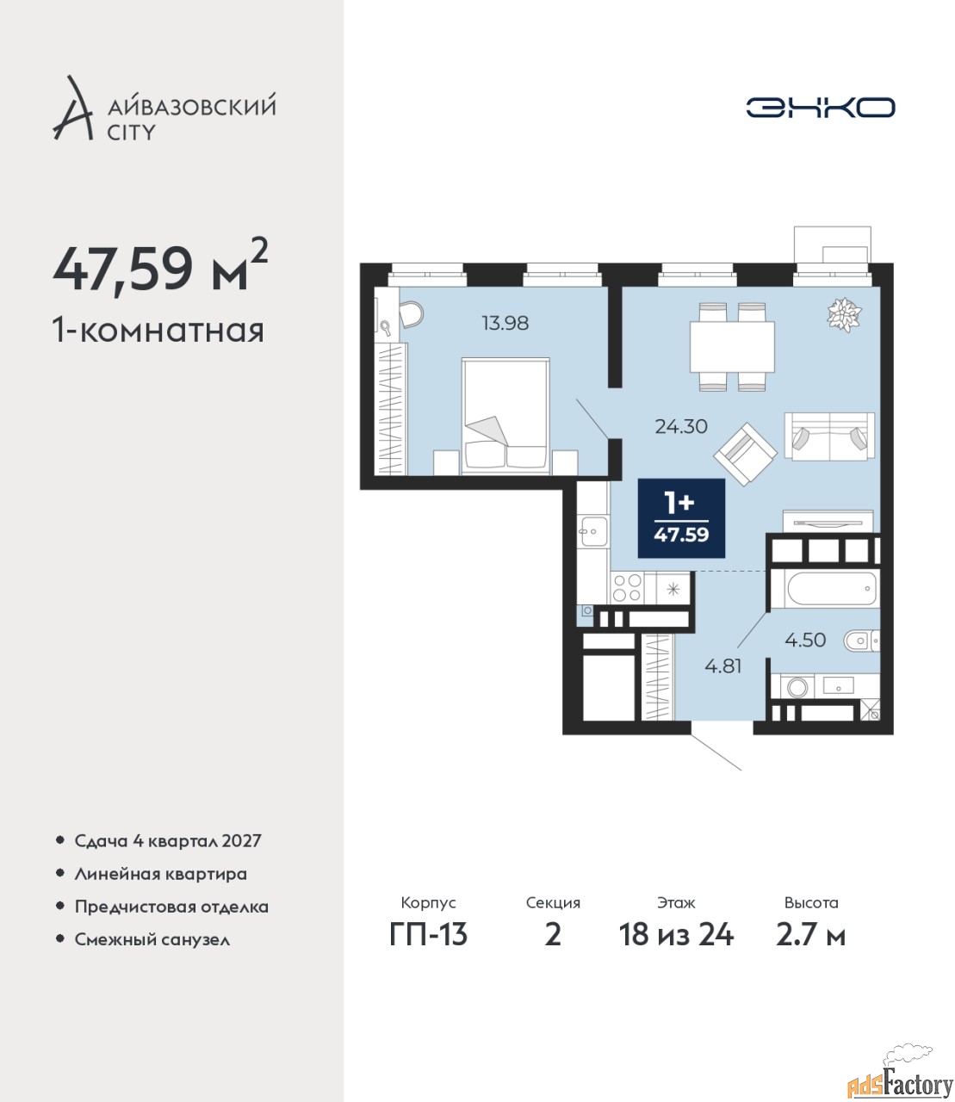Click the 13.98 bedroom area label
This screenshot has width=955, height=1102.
[505, 323]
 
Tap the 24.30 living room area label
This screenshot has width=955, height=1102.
[681, 426]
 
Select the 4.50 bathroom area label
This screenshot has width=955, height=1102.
[805, 640]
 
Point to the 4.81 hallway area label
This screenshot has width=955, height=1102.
[723, 666]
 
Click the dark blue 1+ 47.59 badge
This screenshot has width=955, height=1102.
[681, 518]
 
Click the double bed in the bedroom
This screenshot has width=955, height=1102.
[505, 416]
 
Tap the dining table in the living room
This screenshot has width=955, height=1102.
[732, 347]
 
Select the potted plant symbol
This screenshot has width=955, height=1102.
[844, 314]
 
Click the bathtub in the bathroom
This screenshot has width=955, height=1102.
[831, 589]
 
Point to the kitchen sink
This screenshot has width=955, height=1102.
[593, 531]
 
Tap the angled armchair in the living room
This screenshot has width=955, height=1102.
[746, 454]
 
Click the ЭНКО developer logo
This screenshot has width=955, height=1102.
[820, 107]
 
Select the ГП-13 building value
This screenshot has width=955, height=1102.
[428, 935]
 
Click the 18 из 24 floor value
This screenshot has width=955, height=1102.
[676, 935]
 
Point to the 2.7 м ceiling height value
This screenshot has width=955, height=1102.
[810, 935]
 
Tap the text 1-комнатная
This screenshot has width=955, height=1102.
[158, 331]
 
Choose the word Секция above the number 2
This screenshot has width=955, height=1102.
[553, 903]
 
